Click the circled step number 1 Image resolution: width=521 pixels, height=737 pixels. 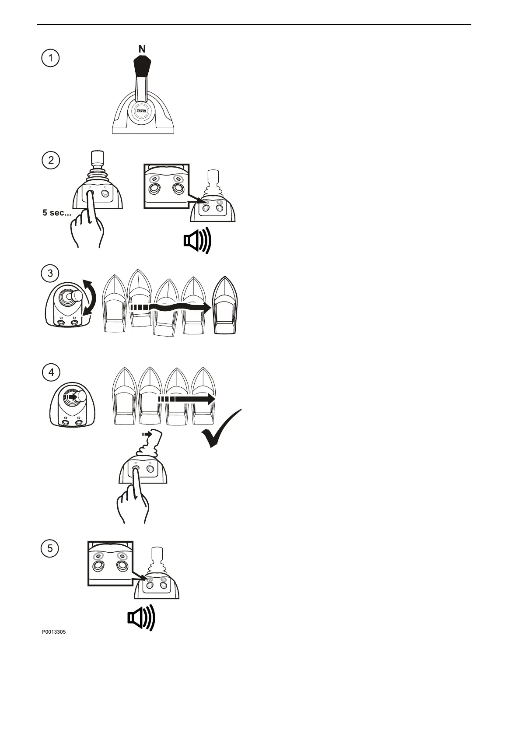pyautogui.click(x=51, y=59)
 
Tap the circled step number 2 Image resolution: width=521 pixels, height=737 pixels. pyautogui.click(x=51, y=160)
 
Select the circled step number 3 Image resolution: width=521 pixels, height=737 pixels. pyautogui.click(x=51, y=274)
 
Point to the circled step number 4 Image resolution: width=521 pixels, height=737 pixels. pyautogui.click(x=51, y=372)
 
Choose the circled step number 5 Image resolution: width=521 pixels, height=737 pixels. pyautogui.click(x=51, y=548)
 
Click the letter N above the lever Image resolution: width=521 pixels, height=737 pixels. pyautogui.click(x=142, y=49)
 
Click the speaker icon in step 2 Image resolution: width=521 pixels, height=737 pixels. pyautogui.click(x=197, y=240)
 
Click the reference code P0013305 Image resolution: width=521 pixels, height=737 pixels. pyautogui.click(x=54, y=632)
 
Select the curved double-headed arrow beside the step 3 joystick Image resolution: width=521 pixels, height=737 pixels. pyautogui.click(x=91, y=298)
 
